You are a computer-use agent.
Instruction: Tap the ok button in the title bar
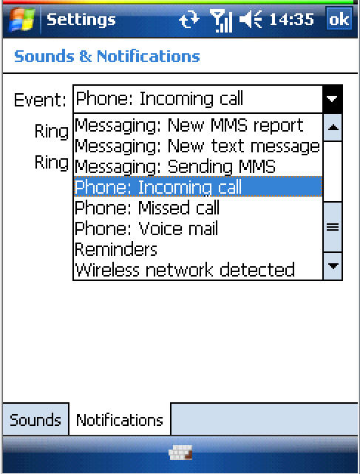coord(339,18)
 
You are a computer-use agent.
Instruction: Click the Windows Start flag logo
coord(21,19)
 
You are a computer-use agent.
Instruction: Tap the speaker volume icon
coord(251,19)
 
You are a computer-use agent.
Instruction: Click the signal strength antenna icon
coord(221,21)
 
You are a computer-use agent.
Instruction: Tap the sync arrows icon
coord(189,20)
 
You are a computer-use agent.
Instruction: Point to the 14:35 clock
coord(291,20)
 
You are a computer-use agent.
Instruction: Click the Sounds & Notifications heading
coord(107,56)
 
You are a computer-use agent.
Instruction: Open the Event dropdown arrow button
coord(332,99)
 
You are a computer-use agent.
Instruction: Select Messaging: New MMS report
coord(189,125)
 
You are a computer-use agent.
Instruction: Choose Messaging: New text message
coord(197,146)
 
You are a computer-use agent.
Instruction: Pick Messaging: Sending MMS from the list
coord(175,166)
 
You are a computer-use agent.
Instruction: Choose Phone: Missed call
coord(147,208)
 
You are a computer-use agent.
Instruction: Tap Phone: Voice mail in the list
coord(146,228)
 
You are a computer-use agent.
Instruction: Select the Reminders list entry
coord(116,249)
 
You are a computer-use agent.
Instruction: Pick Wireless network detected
coord(185,270)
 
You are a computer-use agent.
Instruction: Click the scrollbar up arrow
coord(333,128)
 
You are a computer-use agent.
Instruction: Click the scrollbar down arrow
coord(333,266)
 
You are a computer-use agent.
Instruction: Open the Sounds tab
coord(35,419)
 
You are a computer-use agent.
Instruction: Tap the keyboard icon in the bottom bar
coord(180,453)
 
